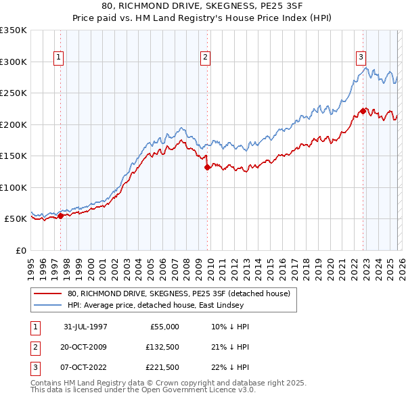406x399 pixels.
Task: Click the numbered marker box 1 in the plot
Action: pos(60,58)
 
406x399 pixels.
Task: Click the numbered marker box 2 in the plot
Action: pos(205,58)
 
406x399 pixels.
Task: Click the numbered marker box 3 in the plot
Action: pos(361,58)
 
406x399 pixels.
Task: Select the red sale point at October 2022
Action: pos(363,111)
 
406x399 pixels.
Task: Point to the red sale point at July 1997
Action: pos(61,216)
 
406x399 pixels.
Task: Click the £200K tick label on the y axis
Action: pos(13,124)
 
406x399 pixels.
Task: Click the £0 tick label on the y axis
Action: pos(20,250)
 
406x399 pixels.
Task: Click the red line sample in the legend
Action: pos(49,294)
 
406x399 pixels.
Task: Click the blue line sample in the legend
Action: pos(49,305)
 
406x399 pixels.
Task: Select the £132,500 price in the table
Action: pos(161,347)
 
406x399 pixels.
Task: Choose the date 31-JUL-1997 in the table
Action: pos(85,327)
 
